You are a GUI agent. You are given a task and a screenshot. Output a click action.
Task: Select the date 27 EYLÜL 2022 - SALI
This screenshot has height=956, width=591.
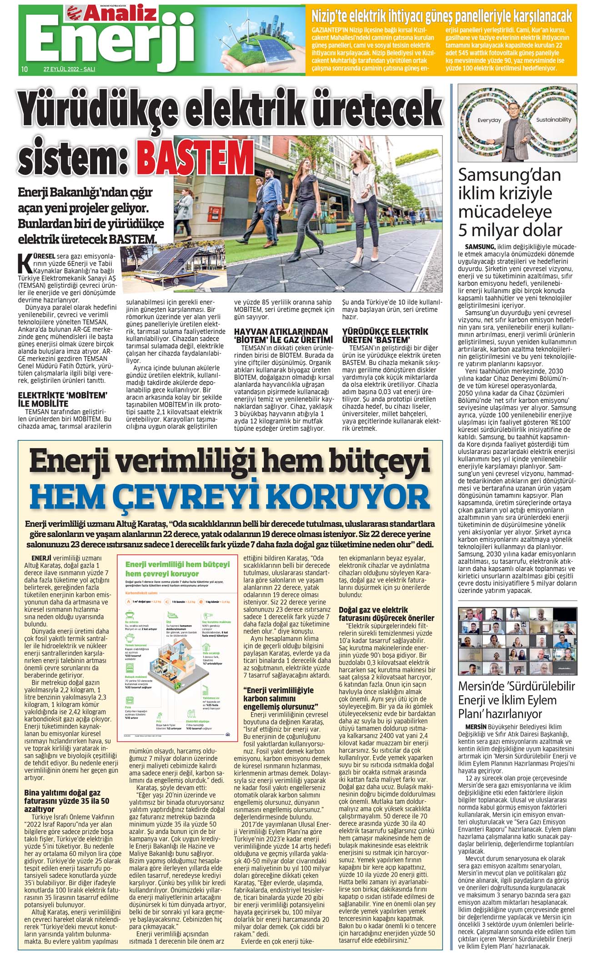[69, 70]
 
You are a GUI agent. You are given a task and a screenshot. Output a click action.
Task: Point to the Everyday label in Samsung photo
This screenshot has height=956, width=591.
[489, 120]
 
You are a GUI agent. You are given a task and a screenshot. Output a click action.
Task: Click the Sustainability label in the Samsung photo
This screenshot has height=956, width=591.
[553, 120]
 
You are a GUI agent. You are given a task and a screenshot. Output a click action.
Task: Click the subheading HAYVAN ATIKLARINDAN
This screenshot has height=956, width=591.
[280, 332]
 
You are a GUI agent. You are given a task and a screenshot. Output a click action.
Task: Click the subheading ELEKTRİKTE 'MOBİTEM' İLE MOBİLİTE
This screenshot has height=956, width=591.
[62, 398]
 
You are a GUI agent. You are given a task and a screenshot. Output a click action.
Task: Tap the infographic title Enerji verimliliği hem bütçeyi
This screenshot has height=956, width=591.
[177, 564]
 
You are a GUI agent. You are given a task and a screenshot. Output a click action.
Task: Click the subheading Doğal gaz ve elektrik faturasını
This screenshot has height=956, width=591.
[386, 614]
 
